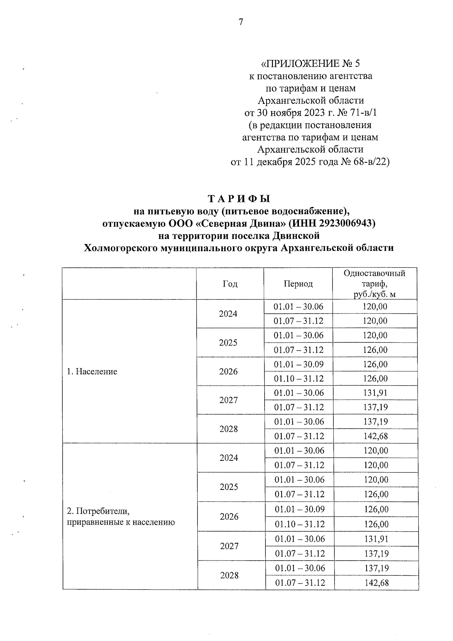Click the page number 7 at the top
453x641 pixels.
pos(240,22)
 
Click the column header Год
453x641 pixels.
pos(230,284)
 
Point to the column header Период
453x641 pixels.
pos(298,284)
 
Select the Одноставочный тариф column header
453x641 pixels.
pos(374,284)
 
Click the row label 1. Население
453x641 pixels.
pos(92,371)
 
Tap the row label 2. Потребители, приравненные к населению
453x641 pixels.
pos(120,517)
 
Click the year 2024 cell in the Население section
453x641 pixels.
pos(228,314)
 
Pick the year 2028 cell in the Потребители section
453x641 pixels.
pos(229,575)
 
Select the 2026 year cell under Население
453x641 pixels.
pos(228,371)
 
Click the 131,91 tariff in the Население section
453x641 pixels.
pos(375,393)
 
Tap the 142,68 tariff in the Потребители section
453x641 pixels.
pos(376,582)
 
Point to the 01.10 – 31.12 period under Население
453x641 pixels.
pos(299,378)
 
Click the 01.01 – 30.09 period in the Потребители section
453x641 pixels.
pos(299,509)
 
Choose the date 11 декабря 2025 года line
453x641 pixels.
pos(310,162)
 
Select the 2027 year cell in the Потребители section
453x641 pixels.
pos(229,546)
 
